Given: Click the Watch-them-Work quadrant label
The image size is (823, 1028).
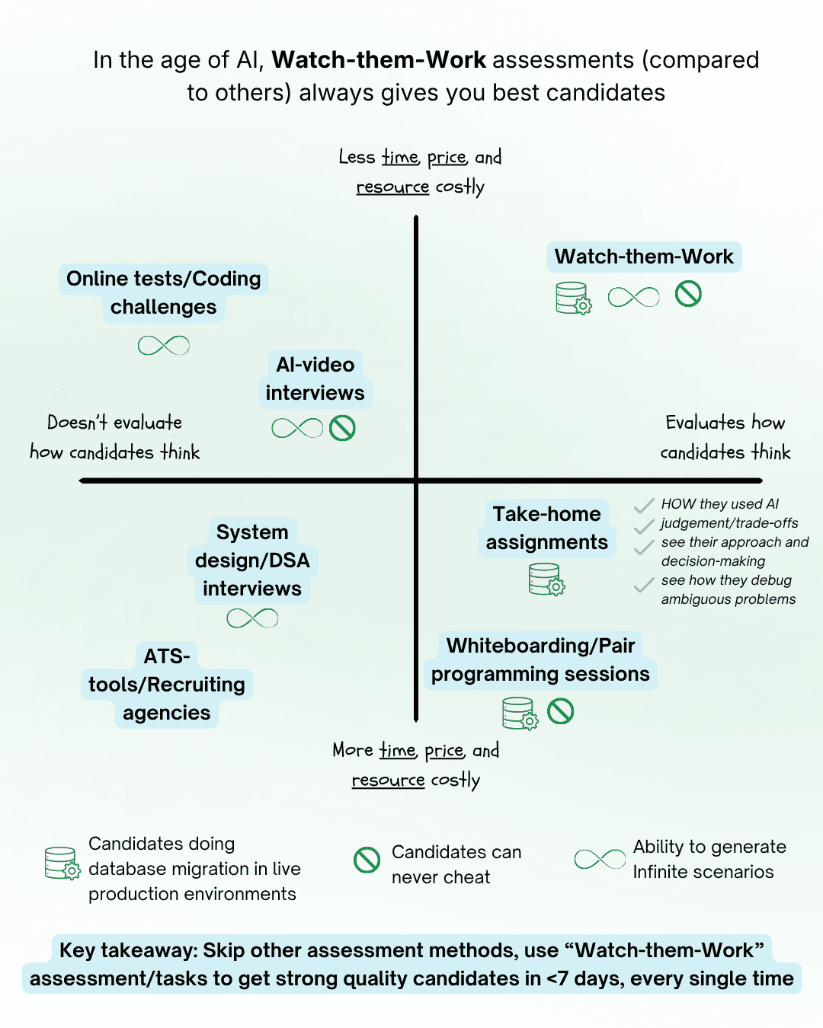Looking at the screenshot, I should tap(644, 257).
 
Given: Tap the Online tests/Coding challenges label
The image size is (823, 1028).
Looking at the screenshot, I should tap(163, 292).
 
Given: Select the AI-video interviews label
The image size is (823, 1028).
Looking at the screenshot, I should tap(315, 378).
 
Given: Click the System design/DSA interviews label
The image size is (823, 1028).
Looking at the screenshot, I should tap(252, 560).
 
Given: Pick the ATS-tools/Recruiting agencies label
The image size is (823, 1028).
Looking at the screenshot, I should tap(167, 685).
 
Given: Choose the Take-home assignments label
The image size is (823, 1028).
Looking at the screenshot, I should tap(546, 528).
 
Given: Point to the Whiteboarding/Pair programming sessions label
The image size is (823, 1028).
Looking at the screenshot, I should tap(540, 659).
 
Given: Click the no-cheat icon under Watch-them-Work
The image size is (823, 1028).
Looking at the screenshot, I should tap(688, 294).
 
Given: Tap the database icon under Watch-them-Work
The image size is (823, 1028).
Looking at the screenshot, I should tap(573, 298).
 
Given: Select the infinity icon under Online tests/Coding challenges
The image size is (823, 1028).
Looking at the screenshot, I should tap(164, 346).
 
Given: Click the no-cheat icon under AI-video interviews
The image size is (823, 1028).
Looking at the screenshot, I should tap(342, 428).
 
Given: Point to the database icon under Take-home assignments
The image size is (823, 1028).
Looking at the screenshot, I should tap(546, 579).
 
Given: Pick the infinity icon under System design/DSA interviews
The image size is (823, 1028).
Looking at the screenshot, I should tap(252, 618).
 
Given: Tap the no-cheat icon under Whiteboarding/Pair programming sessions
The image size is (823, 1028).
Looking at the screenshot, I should tap(560, 711).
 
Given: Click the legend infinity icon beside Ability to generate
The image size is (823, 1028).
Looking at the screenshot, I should tap(600, 860).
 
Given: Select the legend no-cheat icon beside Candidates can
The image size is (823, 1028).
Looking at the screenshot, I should tap(367, 860).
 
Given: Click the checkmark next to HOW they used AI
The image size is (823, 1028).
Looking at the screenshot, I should tap(644, 506).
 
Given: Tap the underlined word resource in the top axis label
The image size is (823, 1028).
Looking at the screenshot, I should tap(392, 187).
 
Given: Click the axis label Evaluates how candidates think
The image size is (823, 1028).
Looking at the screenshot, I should tap(725, 437).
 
